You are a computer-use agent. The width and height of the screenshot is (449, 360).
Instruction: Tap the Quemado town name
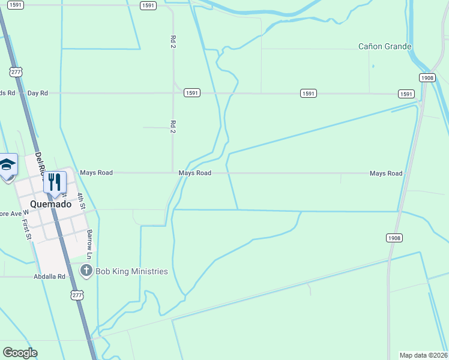click(51, 203)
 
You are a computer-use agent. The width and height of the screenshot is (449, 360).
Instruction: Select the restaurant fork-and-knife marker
click(55, 182)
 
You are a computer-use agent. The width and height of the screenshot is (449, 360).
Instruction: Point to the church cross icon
click(86, 271)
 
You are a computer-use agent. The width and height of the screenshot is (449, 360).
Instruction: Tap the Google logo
click(20, 353)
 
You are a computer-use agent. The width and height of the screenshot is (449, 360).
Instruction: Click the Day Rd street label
click(37, 93)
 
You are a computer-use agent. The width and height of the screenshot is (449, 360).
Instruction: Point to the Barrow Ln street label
click(89, 244)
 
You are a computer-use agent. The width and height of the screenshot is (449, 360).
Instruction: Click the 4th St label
click(81, 200)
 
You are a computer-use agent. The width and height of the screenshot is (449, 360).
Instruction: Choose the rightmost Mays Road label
click(386, 173)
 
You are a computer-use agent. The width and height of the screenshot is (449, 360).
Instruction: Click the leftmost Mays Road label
click(96, 173)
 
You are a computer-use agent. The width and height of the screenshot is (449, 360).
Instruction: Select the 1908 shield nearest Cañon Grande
click(427, 78)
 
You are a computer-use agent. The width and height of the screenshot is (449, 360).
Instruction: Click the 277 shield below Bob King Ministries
click(76, 295)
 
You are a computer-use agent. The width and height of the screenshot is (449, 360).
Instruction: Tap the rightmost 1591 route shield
click(406, 94)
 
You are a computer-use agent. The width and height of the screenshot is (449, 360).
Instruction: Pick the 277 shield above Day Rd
click(16, 72)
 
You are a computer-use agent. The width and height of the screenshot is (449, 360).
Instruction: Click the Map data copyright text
click(424, 355)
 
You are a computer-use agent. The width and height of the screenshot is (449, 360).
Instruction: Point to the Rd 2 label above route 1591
click(173, 41)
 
